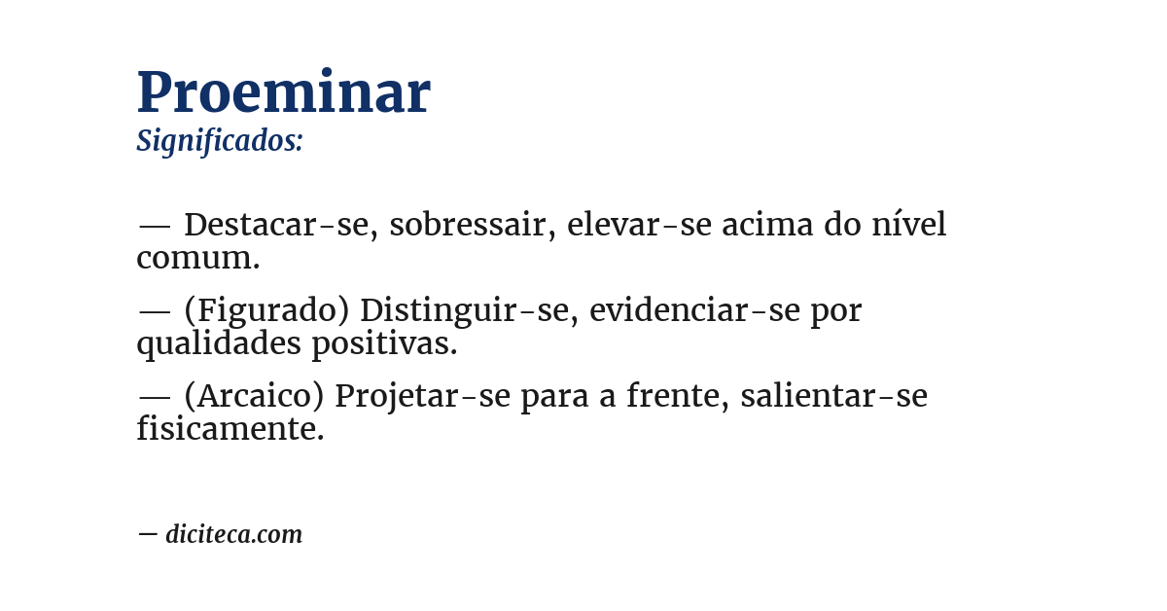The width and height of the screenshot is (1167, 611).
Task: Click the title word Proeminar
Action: (283, 93)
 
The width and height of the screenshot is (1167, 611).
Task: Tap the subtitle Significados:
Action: (220, 141)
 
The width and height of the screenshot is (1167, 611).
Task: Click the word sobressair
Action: (469, 225)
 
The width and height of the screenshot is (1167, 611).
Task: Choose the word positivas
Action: (384, 343)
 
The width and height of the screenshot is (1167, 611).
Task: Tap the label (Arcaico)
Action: (254, 396)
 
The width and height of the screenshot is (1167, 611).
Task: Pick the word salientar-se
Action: (833, 396)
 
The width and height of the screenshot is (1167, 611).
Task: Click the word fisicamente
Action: (230, 429)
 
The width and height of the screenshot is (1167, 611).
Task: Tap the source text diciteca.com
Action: (233, 534)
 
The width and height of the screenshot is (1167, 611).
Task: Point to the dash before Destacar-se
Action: (155, 226)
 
